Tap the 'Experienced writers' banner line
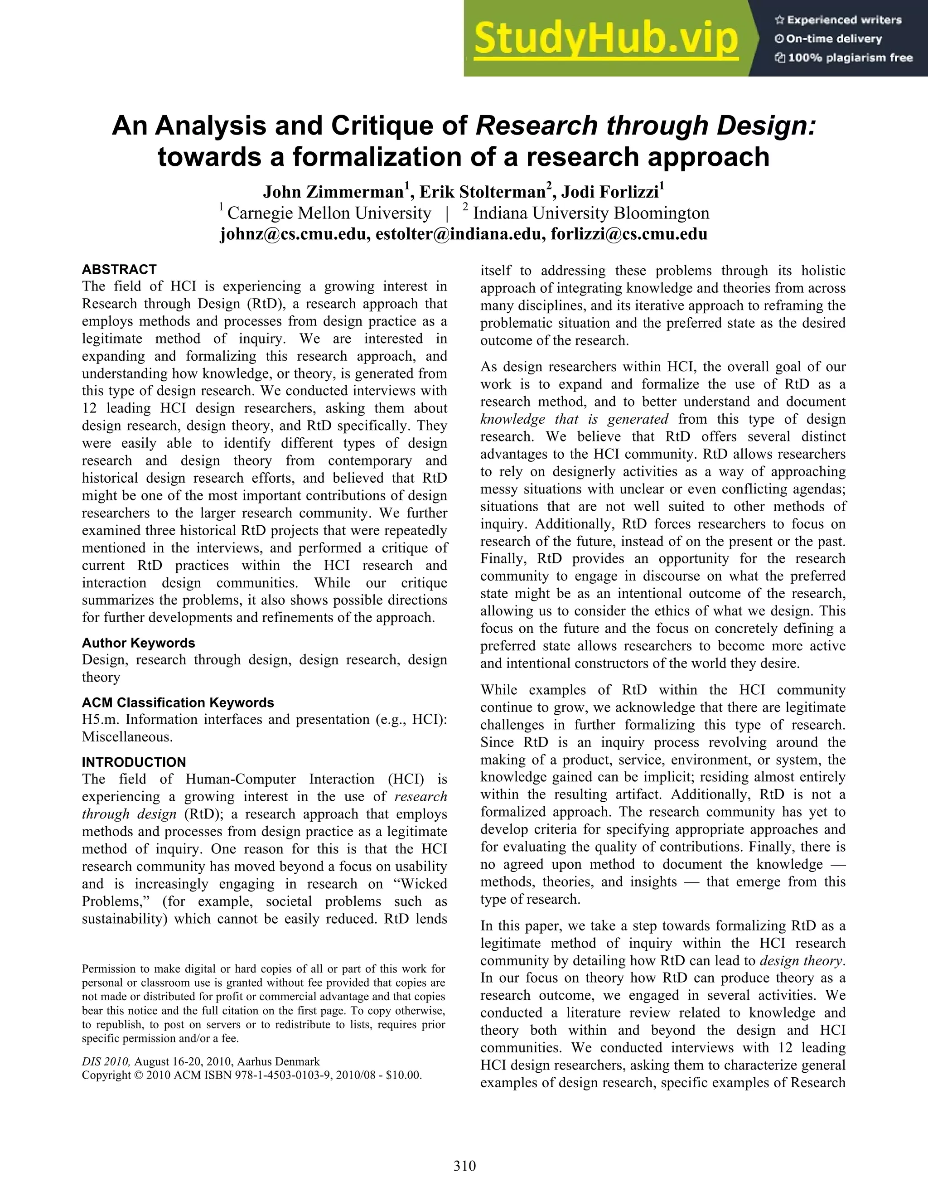(838, 20)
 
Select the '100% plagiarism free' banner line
(843, 57)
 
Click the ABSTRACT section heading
(119, 270)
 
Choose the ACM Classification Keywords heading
(178, 703)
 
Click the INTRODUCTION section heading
(134, 762)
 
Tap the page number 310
(464, 1166)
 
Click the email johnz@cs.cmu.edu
(295, 234)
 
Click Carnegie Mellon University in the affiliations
(329, 213)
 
